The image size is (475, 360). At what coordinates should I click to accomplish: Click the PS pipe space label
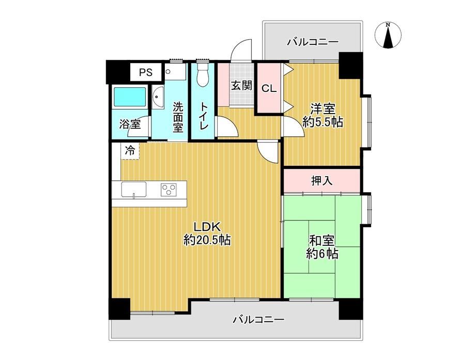[x=146, y=72]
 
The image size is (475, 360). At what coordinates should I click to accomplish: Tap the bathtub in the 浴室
[x=129, y=97]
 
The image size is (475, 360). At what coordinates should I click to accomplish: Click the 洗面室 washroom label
[x=178, y=117]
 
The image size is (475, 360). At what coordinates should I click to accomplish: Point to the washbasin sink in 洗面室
[x=157, y=97]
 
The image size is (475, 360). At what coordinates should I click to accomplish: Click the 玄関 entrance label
[x=241, y=85]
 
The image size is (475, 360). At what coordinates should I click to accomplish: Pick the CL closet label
[x=269, y=89]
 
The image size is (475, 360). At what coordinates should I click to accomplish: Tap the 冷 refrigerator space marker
[x=130, y=150]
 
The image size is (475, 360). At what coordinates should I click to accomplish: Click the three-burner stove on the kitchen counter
[x=168, y=190]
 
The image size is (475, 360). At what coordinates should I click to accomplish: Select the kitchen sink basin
[x=134, y=190]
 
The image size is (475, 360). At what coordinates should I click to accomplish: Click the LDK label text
[x=207, y=227]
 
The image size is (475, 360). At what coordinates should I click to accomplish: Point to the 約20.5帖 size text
[x=207, y=240]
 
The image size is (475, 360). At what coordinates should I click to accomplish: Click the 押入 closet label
[x=321, y=181]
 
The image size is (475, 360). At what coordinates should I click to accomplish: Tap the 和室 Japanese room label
[x=321, y=241]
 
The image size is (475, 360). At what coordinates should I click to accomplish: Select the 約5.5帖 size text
[x=323, y=122]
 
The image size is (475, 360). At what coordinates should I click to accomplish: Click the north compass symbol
[x=388, y=35]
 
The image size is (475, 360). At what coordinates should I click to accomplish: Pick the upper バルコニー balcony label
[x=313, y=41]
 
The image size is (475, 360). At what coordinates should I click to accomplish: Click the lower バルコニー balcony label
[x=258, y=319]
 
